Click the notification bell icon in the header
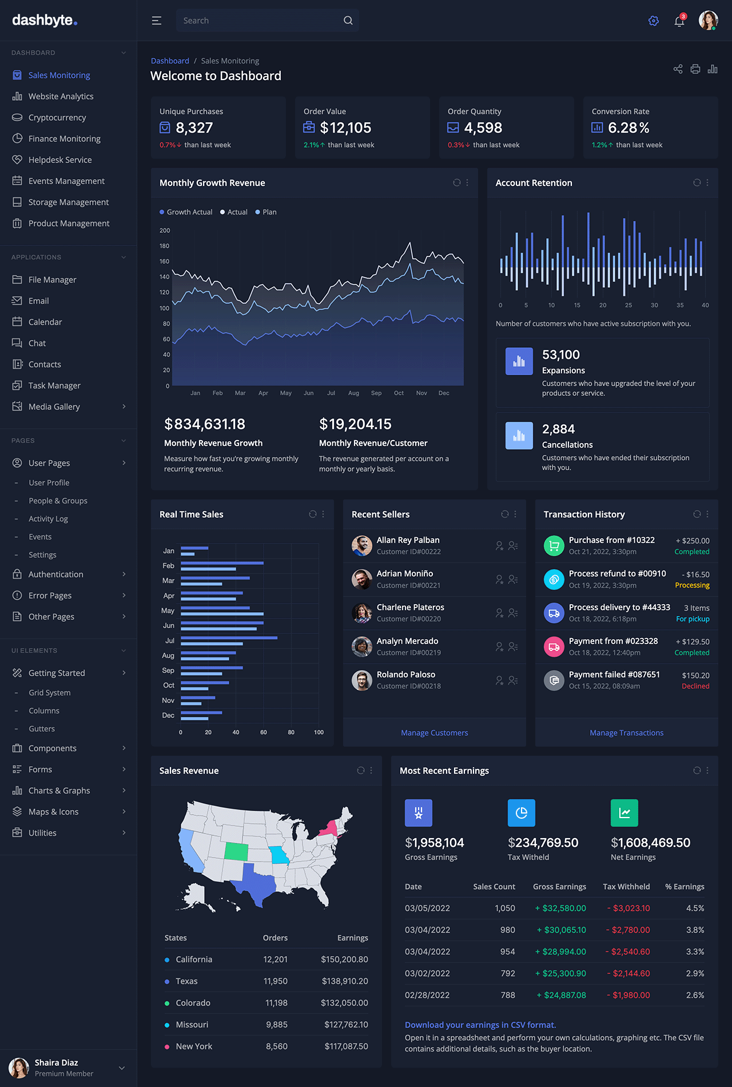[x=679, y=21]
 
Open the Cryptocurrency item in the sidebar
[x=57, y=117]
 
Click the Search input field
[x=260, y=21]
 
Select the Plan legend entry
[x=269, y=212]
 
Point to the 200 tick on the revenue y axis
[x=165, y=231]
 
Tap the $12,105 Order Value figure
[x=345, y=128]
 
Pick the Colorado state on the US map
[x=236, y=851]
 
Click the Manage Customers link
[x=434, y=733]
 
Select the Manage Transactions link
[x=626, y=733]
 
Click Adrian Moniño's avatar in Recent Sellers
[x=362, y=580]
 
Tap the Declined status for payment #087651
[x=695, y=687]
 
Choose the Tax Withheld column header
[x=626, y=887]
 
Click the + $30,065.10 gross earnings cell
[x=561, y=930]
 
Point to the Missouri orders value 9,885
[x=277, y=1025]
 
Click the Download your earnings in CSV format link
[x=480, y=1025]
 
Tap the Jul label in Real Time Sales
[x=170, y=641]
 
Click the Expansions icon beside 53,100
[x=519, y=362]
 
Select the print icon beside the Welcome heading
[x=695, y=69]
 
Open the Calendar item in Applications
[x=45, y=322]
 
